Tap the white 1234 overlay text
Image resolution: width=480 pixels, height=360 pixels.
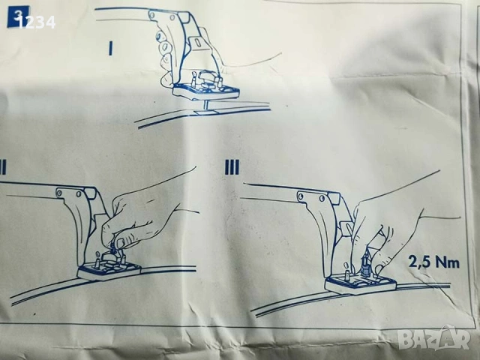[37, 22]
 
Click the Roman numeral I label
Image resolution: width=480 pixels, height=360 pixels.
[111, 49]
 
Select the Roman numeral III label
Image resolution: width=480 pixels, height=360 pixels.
[232, 167]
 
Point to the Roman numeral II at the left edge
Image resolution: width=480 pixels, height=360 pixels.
[3, 167]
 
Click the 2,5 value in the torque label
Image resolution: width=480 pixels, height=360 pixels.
[418, 262]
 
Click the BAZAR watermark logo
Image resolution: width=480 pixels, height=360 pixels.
[436, 338]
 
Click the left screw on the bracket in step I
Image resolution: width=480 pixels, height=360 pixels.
[152, 14]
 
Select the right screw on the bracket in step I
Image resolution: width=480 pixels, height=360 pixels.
[173, 15]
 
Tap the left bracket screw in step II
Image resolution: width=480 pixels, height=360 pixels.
[59, 193]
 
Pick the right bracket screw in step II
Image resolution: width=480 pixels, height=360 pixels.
[79, 193]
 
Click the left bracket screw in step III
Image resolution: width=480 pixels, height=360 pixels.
[301, 195]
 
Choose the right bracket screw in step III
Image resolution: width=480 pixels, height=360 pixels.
[322, 198]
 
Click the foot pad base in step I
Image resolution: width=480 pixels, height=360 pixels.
[205, 91]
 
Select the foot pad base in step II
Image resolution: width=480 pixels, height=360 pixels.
[109, 271]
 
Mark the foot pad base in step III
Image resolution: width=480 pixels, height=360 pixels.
[361, 284]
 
